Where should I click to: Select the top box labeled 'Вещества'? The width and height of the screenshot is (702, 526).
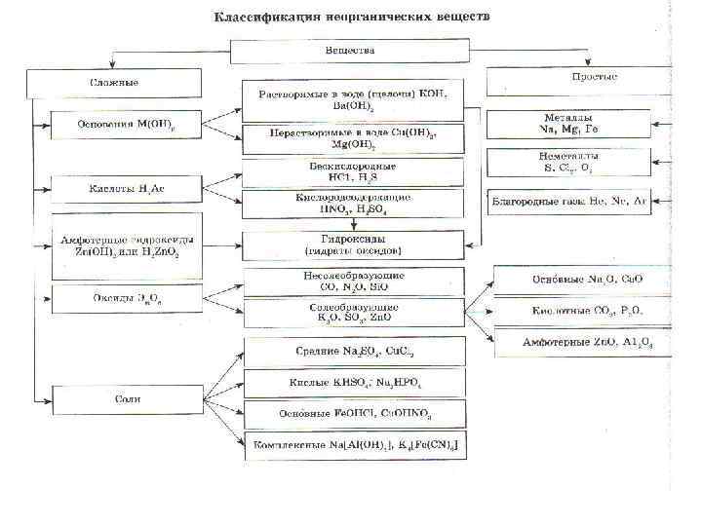pos(352,51)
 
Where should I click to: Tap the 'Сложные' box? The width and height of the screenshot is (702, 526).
pos(115,83)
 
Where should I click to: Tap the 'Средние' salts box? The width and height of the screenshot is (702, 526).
pos(352,351)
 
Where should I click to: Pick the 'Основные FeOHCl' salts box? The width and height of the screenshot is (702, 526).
pos(352,415)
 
